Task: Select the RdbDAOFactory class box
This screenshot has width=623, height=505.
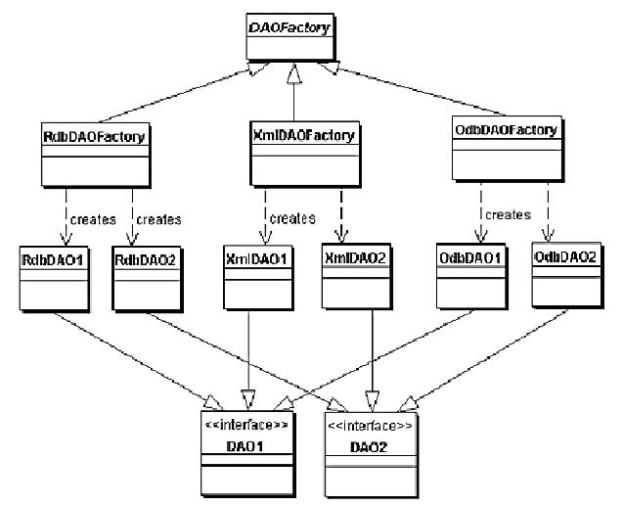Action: pyautogui.click(x=94, y=157)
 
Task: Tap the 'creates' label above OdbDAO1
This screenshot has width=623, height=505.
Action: pyautogui.click(x=507, y=213)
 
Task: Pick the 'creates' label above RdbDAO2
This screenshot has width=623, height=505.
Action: pyautogui.click(x=160, y=218)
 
